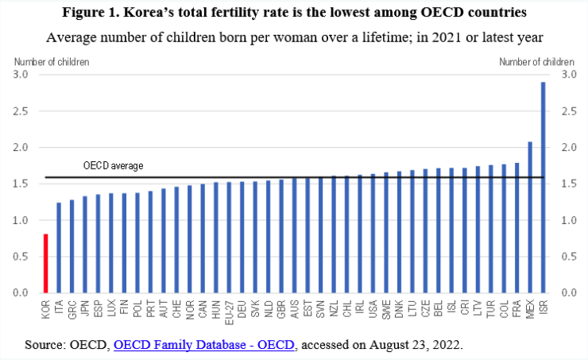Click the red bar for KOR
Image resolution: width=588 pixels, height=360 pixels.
click(x=45, y=263)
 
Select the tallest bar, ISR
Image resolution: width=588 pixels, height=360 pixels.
click(x=544, y=188)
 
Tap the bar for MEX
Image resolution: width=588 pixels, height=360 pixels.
click(x=530, y=217)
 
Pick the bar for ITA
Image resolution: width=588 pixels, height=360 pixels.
click(x=59, y=248)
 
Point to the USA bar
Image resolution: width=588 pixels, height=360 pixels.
click(x=373, y=234)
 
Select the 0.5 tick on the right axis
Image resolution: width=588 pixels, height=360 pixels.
click(x=567, y=257)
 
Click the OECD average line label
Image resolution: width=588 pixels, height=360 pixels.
click(x=113, y=166)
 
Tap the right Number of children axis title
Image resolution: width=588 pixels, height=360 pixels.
click(x=536, y=61)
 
